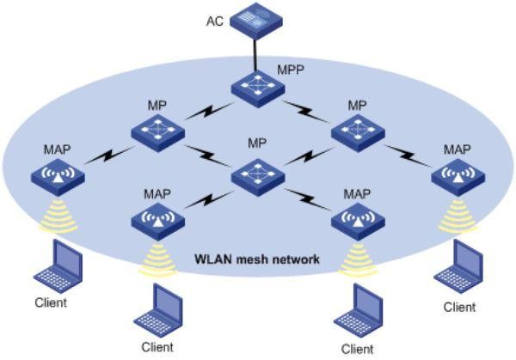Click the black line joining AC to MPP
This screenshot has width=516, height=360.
(x=257, y=53)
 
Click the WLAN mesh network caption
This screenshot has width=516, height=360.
(x=258, y=259)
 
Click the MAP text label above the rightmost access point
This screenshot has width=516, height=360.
(x=458, y=150)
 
